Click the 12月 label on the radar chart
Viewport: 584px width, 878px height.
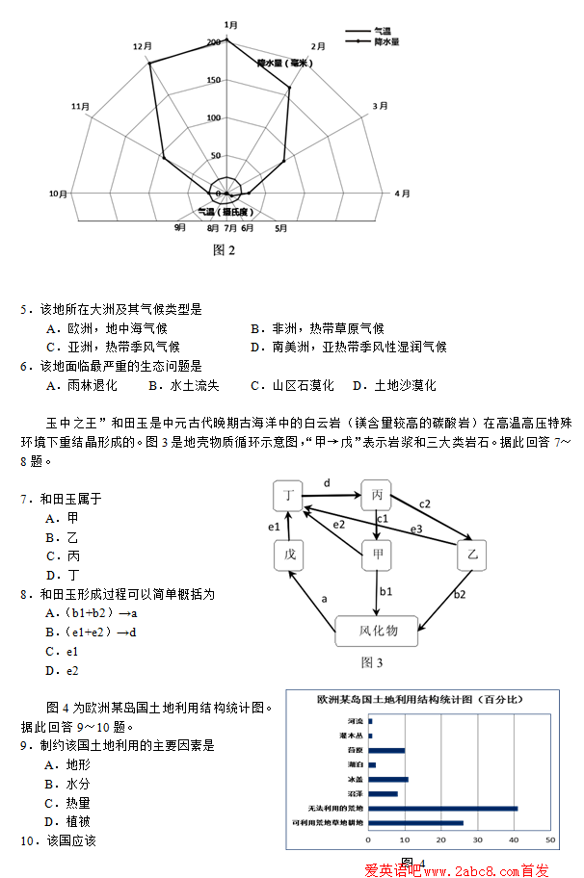[x=143, y=45]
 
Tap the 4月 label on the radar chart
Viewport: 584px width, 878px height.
[x=403, y=194]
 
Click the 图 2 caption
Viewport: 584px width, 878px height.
[x=224, y=250]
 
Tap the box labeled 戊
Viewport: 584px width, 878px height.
[x=289, y=555]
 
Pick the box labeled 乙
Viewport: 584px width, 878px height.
[x=472, y=555]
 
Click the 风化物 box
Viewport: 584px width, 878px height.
[x=378, y=631]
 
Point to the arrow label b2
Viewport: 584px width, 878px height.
[x=460, y=595]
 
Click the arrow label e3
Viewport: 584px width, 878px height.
[x=417, y=529]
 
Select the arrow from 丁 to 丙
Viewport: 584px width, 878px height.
[x=332, y=497]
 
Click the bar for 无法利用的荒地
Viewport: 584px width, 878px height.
[x=442, y=808]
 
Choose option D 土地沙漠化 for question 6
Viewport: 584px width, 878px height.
[x=393, y=385]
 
